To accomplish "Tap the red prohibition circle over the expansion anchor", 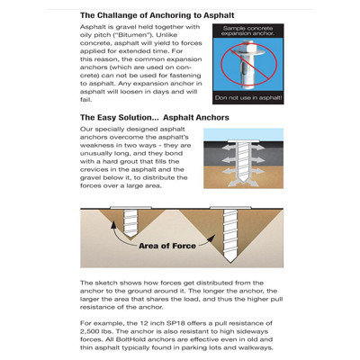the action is coord(248,63).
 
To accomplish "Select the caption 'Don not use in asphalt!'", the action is coord(248,98).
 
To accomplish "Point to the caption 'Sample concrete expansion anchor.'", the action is coord(248,31).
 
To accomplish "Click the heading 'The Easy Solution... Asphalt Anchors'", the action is coord(155,118).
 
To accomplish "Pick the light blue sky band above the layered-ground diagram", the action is coord(243,134).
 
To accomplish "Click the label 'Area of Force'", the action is coord(167,246).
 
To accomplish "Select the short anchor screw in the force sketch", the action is coord(130,222).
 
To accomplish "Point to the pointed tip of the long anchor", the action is coord(229,261).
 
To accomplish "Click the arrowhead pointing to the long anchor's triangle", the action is coord(211,238).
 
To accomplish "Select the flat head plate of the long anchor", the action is coord(230,208).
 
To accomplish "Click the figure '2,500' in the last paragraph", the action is coord(90,331).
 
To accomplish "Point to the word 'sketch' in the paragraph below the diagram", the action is coord(106,283).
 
